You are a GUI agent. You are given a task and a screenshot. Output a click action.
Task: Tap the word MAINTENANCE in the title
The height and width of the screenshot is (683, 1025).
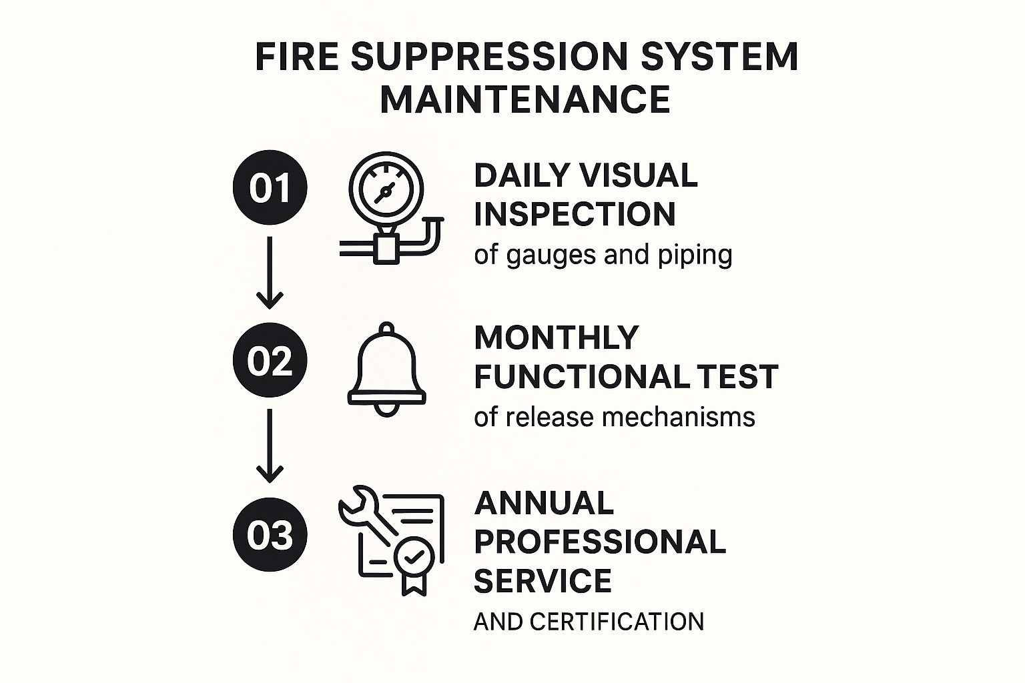pos(525,99)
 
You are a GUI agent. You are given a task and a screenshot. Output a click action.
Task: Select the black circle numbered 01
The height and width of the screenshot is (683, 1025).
pos(270,187)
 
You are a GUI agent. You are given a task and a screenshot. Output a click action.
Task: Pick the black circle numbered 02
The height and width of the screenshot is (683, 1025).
pos(270,360)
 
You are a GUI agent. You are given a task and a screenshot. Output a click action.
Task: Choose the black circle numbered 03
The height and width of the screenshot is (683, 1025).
pos(270,534)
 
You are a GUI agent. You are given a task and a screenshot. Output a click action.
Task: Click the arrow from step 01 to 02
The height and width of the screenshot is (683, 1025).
pos(270,273)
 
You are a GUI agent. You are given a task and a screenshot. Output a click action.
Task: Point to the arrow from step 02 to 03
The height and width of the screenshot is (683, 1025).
pos(270,446)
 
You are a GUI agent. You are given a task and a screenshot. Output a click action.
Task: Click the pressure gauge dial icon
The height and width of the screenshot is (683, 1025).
pos(386,189)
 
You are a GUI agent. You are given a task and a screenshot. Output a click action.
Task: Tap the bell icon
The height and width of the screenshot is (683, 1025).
pos(386,369)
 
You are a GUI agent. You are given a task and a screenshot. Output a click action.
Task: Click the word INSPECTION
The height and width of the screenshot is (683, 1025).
pos(575,214)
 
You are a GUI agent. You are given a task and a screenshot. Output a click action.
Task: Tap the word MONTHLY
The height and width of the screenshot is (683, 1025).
pos(557,338)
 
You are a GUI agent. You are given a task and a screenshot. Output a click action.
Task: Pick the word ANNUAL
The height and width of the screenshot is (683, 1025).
pos(544,503)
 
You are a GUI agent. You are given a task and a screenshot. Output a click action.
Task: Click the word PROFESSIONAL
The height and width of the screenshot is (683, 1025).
pos(600,542)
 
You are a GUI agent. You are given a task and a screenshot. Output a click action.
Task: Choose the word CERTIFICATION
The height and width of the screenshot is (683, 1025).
pos(617,622)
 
